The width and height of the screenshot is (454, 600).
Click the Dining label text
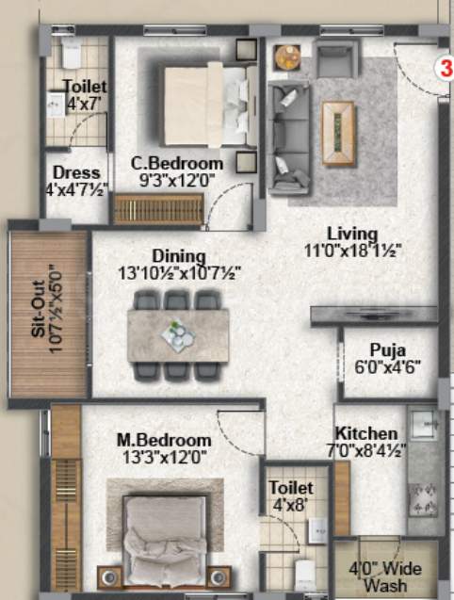click(179, 255)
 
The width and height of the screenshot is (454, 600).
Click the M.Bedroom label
click(163, 440)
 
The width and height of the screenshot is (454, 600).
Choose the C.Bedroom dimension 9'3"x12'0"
click(177, 179)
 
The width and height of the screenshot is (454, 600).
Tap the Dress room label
click(76, 172)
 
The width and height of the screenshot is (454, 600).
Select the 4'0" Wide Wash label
click(385, 577)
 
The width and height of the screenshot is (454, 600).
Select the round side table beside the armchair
click(286, 57)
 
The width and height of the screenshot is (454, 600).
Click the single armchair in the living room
click(336, 61)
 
